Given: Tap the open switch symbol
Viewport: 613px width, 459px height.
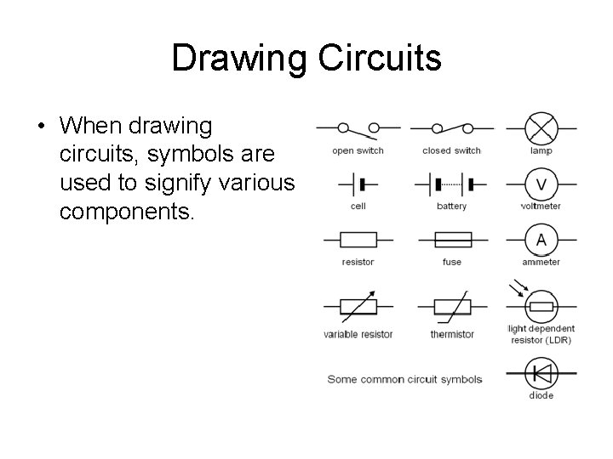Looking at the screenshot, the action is point(358,129).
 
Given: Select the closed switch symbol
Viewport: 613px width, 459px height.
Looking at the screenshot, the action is point(451,128).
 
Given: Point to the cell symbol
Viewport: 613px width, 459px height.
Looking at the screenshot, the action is point(358,184).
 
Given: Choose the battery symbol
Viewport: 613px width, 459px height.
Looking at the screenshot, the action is point(451,184).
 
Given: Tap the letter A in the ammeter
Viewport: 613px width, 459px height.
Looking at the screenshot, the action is point(541,241).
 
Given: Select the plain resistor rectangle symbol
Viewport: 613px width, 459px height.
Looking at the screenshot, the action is point(358,240).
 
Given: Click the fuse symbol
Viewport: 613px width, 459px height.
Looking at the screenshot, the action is point(451,240).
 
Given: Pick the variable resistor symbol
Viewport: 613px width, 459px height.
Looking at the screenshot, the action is point(358,307).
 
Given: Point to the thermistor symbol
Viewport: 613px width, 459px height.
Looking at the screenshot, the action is point(451,307).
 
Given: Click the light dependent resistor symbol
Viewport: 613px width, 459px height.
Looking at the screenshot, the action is point(541,305).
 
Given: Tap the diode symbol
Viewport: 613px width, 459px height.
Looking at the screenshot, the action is point(541,372).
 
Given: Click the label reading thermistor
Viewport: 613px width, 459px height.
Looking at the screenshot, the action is point(452,334).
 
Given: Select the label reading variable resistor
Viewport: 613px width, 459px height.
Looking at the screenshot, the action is point(358,334).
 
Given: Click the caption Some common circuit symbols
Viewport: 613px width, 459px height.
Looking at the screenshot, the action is point(404,379).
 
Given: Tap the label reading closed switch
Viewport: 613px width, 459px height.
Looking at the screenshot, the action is point(451,150).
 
